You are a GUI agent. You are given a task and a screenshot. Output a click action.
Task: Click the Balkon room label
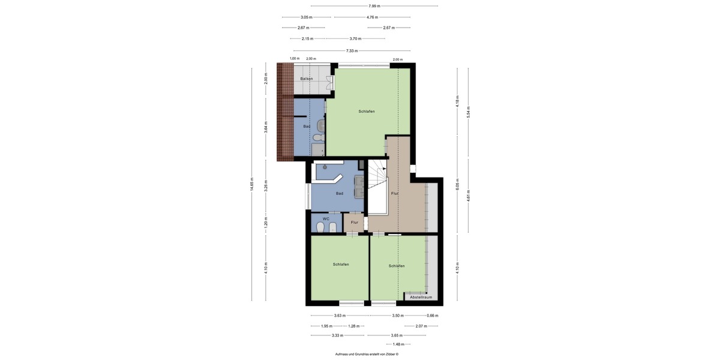coord(306,79)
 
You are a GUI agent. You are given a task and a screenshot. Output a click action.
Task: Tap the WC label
coord(326,219)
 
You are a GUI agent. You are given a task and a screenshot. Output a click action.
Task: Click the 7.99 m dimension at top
coord(374,6)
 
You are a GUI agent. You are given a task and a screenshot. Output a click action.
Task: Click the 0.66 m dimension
coord(432,316)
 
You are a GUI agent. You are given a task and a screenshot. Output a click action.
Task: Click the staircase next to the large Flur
coord(378,180)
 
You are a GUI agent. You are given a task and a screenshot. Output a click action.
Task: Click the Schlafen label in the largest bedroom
coord(367,112)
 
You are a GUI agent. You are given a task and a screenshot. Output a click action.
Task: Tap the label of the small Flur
coord(355,223)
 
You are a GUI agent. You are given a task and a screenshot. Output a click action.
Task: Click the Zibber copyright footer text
coord(367,355)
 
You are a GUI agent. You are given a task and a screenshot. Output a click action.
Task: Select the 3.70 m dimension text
coord(355,38)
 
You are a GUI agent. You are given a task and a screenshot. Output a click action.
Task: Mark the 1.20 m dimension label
coord(266,224)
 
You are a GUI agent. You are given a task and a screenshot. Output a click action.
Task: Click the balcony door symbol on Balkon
coord(329,83)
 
